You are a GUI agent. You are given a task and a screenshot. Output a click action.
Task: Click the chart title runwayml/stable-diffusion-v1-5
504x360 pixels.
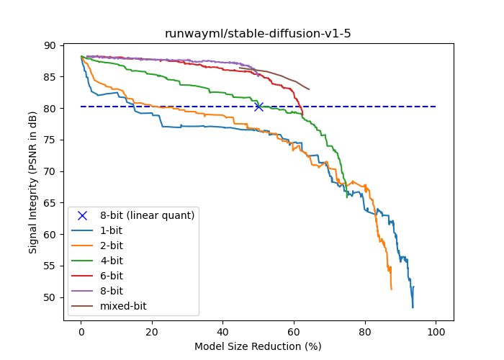pyautogui.click(x=258, y=34)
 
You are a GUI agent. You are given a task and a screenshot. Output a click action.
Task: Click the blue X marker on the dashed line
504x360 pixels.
pyautogui.click(x=258, y=107)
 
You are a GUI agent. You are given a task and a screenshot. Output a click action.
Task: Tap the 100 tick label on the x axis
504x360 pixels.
pyautogui.click(x=436, y=331)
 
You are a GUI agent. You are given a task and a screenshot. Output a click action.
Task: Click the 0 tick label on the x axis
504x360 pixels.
pyautogui.click(x=81, y=331)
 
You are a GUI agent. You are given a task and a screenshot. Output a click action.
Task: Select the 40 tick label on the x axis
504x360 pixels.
pyautogui.click(x=223, y=331)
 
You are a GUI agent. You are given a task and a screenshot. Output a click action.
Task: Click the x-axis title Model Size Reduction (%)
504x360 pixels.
pyautogui.click(x=258, y=346)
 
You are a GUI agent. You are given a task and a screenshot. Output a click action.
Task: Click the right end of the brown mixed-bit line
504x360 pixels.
pyautogui.click(x=309, y=89)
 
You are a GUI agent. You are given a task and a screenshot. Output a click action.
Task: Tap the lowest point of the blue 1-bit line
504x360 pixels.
pyautogui.click(x=413, y=307)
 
